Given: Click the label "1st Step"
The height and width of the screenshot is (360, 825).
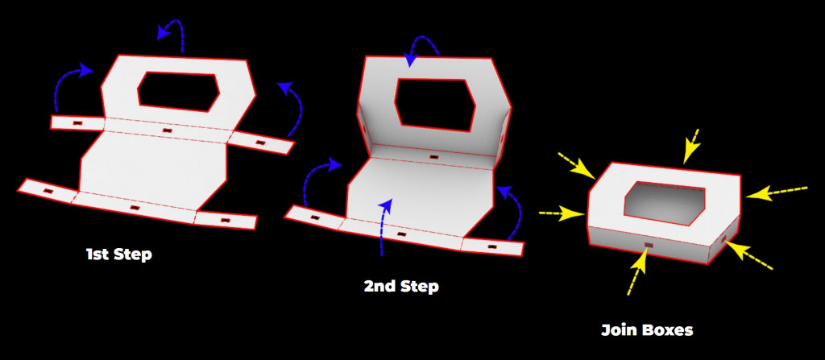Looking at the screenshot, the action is coord(119,254).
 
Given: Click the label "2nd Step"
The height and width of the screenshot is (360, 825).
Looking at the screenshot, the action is coord(401,287).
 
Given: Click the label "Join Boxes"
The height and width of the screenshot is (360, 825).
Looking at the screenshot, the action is coord(647,330).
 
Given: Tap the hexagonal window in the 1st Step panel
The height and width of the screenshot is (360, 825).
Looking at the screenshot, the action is coord(178,92).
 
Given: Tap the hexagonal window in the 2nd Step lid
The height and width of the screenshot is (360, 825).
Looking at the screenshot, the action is coord(435,105).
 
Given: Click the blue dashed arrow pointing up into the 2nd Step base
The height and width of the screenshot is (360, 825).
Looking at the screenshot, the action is coord(384,226).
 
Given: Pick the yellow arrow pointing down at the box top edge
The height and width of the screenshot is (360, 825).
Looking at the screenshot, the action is coord(691,146).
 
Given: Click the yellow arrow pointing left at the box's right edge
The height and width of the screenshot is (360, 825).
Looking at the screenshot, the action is coord(776,192).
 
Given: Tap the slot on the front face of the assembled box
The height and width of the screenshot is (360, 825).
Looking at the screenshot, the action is coord(648,246).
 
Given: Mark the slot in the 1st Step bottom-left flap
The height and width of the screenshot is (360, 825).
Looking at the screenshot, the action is coord(48,191).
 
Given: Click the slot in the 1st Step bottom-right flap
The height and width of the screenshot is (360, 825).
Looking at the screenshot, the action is coord(226,219).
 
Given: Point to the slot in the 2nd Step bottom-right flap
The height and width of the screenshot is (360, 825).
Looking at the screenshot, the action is coord(492,246).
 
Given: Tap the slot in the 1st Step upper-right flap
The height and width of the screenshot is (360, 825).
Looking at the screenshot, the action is coord(259,143).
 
